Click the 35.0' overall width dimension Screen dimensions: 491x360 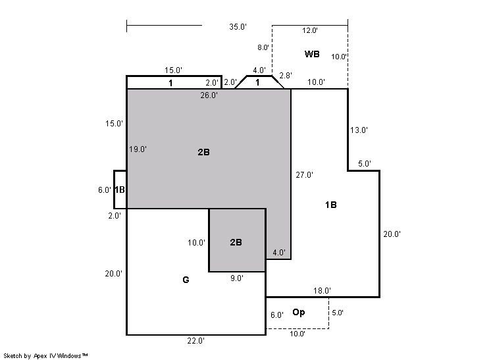coord(238,27)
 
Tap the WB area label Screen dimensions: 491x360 coord(312,54)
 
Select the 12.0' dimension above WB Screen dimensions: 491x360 coord(310,30)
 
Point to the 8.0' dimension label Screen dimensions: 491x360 coord(263,47)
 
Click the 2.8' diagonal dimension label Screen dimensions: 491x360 coord(286,76)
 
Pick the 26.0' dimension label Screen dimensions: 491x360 coord(209,95)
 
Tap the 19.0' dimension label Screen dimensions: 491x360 coord(138,149)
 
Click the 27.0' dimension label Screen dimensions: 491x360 coord(304,175)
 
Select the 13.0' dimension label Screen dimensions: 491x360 coord(359,130)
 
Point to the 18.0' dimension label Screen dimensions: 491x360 coord(322,291)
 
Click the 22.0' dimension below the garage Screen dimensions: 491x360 coord(196,341)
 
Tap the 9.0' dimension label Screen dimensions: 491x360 coord(237,278)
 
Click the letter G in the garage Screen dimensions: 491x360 coord(186,280)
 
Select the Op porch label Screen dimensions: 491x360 coord(298,313)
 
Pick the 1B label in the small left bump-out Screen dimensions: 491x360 coord(120,190)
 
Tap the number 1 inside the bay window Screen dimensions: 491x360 coord(257,83)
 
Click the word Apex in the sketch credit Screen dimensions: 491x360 coord(40,356)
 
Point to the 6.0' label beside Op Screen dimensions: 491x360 coord(277,315)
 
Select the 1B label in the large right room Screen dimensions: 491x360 coord(330,205)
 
